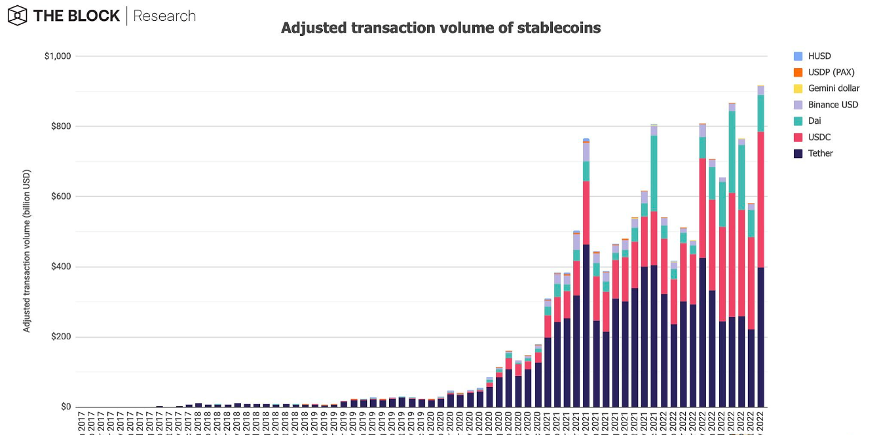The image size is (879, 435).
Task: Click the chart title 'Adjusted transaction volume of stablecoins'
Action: click(440, 28)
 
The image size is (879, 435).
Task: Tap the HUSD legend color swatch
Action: click(797, 56)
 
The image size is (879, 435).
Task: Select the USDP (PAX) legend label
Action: click(831, 72)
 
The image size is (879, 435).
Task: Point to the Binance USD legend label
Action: click(832, 105)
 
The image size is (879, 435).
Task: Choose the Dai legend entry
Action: click(814, 121)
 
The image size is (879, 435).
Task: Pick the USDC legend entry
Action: click(819, 137)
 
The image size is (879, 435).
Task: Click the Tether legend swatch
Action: click(797, 153)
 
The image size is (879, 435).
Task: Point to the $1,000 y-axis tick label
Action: click(58, 56)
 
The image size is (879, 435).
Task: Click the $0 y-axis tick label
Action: click(65, 407)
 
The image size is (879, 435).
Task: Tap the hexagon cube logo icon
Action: click(17, 16)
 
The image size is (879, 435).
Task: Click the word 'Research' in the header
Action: click(164, 16)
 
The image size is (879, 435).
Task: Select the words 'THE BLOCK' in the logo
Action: click(77, 16)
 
